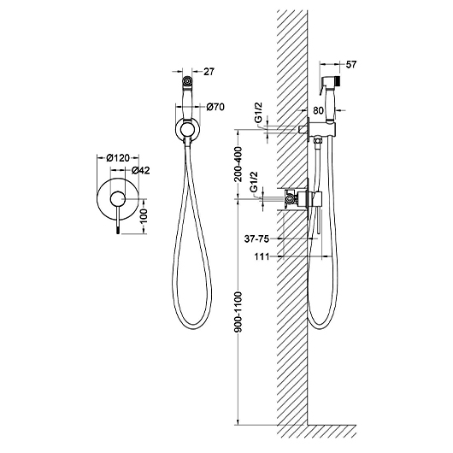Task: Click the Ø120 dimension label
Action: pyautogui.click(x=118, y=158)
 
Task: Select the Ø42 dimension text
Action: pyautogui.click(x=141, y=170)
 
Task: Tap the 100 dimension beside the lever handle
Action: pyautogui.click(x=143, y=215)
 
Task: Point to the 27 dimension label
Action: pyautogui.click(x=209, y=71)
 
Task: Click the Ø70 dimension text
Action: pyautogui.click(x=215, y=107)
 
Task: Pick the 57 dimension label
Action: pyautogui.click(x=351, y=64)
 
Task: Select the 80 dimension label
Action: pyautogui.click(x=318, y=110)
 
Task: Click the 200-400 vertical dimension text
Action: pyautogui.click(x=238, y=164)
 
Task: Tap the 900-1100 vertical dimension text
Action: pyautogui.click(x=238, y=312)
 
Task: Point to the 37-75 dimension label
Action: pyautogui.click(x=256, y=239)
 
